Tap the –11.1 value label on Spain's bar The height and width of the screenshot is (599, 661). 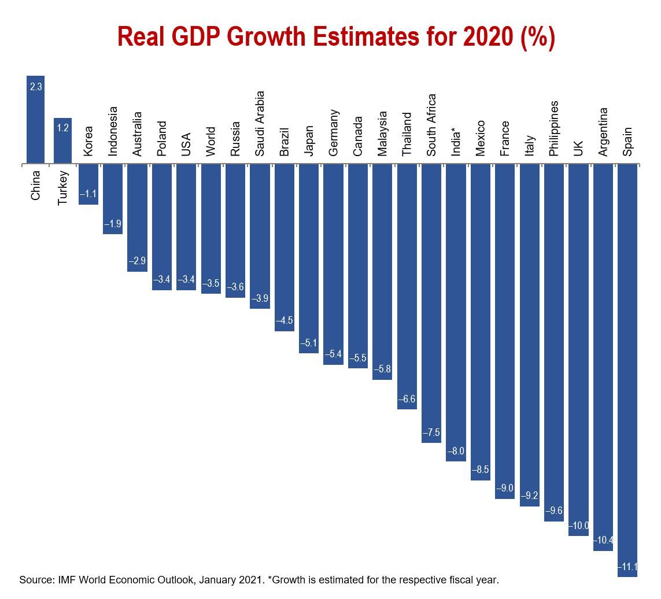click(x=627, y=567)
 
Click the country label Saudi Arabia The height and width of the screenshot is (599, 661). click(x=260, y=123)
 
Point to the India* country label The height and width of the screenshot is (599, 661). click(x=456, y=140)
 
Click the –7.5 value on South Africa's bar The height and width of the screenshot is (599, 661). click(x=431, y=432)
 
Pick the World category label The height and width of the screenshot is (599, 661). click(x=211, y=141)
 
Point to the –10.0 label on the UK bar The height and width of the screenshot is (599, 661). click(x=578, y=526)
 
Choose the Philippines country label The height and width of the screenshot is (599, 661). click(x=554, y=128)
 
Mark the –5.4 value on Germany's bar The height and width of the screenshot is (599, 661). click(x=333, y=354)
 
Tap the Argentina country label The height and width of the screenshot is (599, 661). click(x=603, y=131)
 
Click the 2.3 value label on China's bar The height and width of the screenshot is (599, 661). click(x=35, y=87)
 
